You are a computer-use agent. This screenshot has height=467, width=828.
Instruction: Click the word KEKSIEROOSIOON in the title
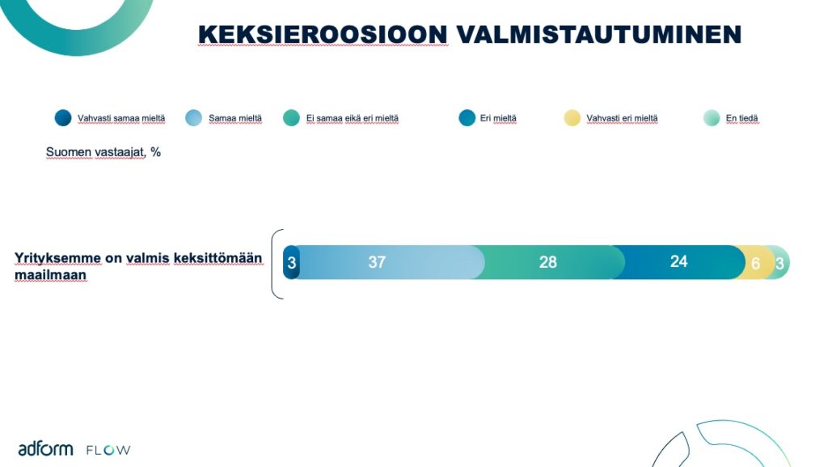323,34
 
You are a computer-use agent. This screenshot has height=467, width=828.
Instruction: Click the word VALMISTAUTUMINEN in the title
599,34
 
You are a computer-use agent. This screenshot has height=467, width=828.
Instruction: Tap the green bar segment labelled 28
549,262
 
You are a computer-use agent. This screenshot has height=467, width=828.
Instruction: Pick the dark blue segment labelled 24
678,262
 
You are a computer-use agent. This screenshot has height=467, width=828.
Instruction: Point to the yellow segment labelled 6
755,262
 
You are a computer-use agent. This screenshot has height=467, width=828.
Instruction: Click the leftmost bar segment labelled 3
291,262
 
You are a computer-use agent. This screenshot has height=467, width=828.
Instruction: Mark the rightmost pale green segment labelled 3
780,262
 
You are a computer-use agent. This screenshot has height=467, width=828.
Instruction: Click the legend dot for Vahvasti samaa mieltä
63,118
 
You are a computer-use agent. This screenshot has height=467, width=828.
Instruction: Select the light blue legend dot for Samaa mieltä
194,118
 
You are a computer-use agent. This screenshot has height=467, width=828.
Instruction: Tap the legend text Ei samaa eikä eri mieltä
353,118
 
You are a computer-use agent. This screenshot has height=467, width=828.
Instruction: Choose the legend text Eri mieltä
498,118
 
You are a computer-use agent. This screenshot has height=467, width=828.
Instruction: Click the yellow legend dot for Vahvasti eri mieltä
572,118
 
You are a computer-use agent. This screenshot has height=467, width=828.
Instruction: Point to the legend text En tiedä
742,118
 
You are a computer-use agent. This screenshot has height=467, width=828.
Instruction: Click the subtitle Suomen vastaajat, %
103,152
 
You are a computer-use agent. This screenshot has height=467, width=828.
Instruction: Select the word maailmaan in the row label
50,275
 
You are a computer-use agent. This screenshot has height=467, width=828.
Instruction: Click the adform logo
45,449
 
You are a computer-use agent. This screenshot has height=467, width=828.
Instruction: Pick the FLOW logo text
108,450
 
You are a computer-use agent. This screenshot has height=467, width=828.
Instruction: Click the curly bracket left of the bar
272,264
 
